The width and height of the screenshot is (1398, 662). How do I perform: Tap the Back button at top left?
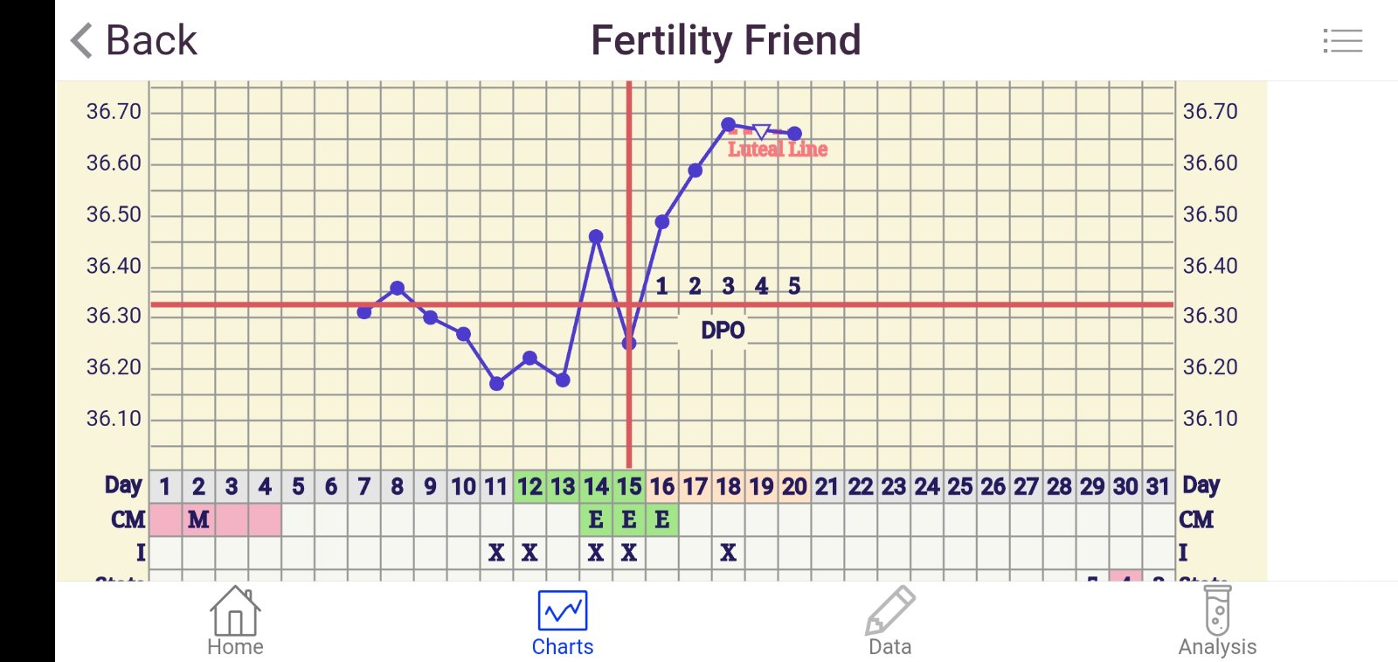(x=134, y=40)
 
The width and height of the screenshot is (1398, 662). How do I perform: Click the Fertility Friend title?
(x=725, y=40)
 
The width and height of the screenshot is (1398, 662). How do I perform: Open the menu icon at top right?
(x=1342, y=40)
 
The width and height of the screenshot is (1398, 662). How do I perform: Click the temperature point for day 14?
(x=596, y=236)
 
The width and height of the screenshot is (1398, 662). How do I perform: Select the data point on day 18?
(x=729, y=125)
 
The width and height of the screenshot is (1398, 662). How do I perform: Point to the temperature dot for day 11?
(x=496, y=383)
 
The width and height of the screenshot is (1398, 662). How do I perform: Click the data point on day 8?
(x=398, y=288)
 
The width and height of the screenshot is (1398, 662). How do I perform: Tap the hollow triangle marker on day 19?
(x=761, y=131)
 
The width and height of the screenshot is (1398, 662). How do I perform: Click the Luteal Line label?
(x=778, y=150)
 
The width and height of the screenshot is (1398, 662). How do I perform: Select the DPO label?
(x=723, y=331)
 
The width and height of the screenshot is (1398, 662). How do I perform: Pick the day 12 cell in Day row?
(x=529, y=486)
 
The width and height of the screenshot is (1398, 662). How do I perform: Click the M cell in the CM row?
(x=198, y=519)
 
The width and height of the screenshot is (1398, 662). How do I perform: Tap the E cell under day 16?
(x=662, y=519)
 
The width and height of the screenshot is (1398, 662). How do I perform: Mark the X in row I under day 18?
(x=729, y=553)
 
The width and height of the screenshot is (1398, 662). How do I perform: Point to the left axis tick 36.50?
(x=114, y=214)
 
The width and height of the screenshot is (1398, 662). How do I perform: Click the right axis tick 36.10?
(x=1210, y=418)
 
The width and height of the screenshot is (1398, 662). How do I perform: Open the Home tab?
(x=235, y=622)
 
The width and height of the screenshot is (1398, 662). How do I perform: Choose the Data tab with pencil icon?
(x=889, y=622)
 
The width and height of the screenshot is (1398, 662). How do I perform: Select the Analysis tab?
(x=1217, y=622)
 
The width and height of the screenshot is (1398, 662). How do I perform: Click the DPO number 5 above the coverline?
(x=794, y=286)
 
